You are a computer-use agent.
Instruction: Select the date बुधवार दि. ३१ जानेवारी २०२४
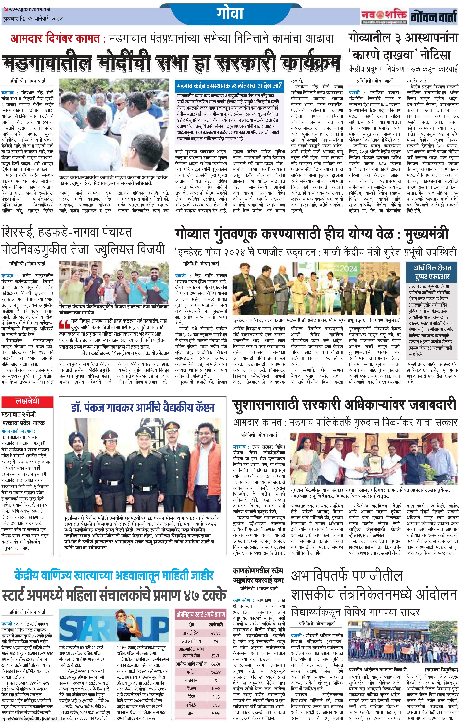(33, 19)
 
